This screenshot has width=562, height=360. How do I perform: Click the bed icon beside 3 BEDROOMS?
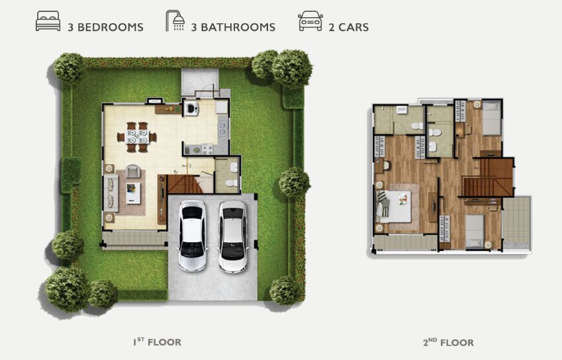(x=48, y=21)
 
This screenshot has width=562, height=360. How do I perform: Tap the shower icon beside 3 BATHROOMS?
(x=175, y=21)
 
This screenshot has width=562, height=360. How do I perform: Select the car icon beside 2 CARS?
(x=310, y=21)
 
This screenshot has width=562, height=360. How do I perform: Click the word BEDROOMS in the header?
(x=111, y=27)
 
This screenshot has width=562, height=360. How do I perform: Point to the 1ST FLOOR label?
(x=158, y=341)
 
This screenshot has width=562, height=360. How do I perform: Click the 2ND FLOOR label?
(x=448, y=342)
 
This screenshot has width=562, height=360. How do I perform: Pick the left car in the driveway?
(x=193, y=236)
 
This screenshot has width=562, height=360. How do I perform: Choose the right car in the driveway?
(x=233, y=237)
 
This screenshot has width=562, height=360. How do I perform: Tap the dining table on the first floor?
(x=137, y=137)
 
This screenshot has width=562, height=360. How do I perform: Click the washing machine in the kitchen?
(x=191, y=107)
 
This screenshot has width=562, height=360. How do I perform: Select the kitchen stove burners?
(x=208, y=149)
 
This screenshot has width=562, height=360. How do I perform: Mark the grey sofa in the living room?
(x=111, y=193)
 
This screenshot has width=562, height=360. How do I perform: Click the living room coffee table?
(x=133, y=193)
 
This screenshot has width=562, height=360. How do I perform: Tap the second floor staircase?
(x=488, y=178)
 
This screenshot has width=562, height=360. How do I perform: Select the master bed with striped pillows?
(x=394, y=206)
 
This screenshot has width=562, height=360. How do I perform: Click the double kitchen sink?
(x=222, y=128)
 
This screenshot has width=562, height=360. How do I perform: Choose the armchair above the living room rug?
(x=133, y=171)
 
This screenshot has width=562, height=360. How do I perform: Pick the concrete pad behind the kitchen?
(x=200, y=82)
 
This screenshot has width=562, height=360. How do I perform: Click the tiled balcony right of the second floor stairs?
(x=516, y=223)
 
